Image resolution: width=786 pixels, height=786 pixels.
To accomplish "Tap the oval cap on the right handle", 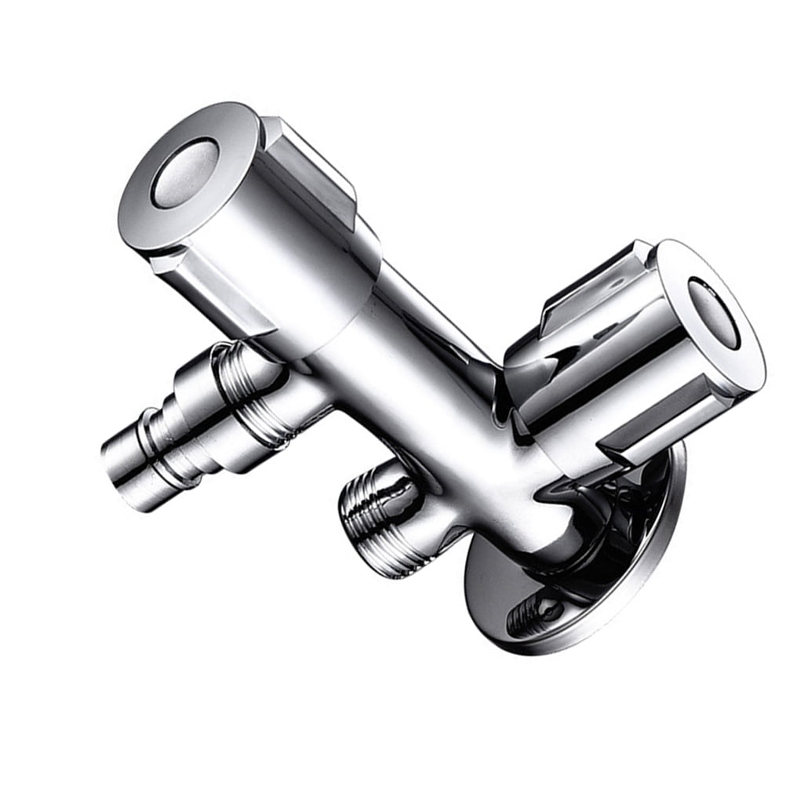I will [x=713, y=312].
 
